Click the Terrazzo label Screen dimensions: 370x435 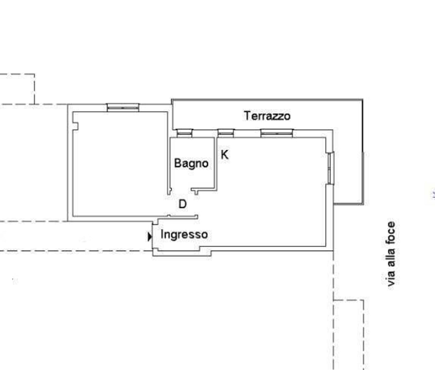[x=267, y=116]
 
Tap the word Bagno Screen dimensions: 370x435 [x=191, y=163]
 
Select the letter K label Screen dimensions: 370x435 [x=224, y=155]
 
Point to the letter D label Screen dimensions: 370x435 [x=182, y=204]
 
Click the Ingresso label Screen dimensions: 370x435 [x=184, y=234]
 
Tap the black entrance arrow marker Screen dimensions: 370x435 [x=150, y=237]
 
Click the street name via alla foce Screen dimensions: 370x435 [x=391, y=254]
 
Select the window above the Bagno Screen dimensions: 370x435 [x=184, y=133]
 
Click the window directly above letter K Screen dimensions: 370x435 [x=226, y=133]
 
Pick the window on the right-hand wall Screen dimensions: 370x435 [x=330, y=168]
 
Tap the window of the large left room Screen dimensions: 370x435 [x=123, y=108]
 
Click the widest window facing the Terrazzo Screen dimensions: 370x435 [x=277, y=133]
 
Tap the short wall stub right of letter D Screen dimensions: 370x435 [x=196, y=191]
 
